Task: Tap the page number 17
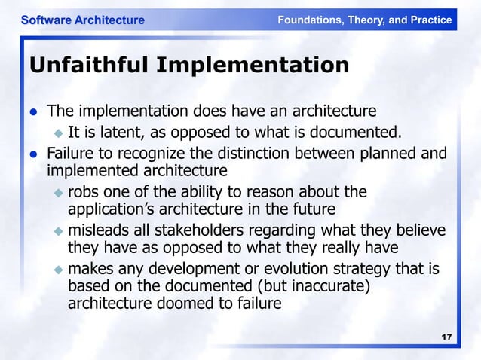tap(446, 336)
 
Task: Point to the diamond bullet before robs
tap(59, 192)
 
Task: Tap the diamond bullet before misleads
tap(59, 230)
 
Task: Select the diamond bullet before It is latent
tap(59, 134)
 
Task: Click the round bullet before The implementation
tap(33, 113)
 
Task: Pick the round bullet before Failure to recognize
tap(33, 154)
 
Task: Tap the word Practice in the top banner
tap(430, 20)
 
